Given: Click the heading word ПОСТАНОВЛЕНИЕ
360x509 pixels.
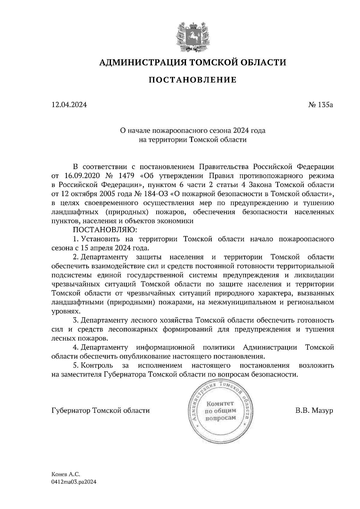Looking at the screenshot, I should click(193, 80).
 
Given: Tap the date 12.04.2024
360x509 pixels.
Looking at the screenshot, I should click(69, 105).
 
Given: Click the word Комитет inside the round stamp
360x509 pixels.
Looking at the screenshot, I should click(220, 404).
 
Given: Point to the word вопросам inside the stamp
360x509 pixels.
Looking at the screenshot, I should click(220, 418).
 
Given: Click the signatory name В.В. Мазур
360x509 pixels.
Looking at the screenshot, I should click(314, 410).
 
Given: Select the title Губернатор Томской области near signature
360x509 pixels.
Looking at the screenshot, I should click(100, 410).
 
